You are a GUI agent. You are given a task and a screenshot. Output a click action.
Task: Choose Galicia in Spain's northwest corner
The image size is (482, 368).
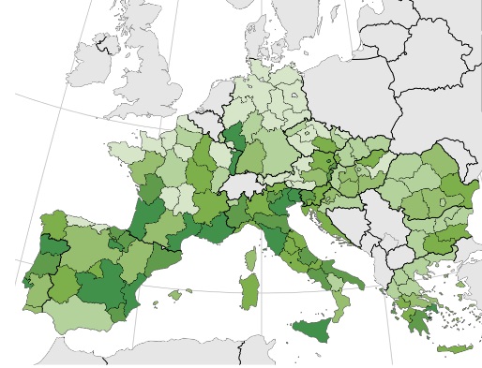click(52, 226)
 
